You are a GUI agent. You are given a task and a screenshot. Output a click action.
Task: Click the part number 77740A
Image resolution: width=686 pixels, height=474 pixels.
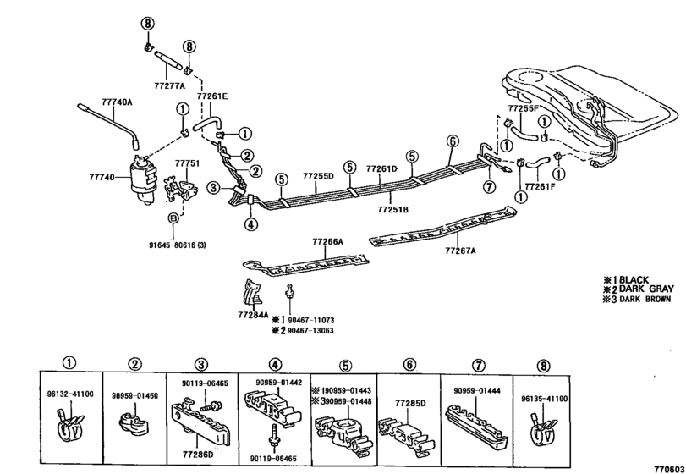(118, 102)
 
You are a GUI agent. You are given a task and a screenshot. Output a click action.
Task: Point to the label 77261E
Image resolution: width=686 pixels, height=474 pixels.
(213, 98)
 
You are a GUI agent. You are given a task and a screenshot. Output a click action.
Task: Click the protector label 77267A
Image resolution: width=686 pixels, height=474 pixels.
(461, 251)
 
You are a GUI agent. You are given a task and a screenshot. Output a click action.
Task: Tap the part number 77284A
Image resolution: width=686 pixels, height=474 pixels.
(252, 315)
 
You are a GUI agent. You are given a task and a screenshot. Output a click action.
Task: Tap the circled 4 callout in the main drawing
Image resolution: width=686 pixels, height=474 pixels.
(250, 224)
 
